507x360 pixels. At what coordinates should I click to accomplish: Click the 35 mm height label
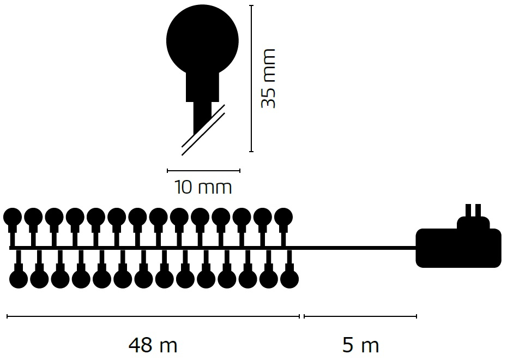268,79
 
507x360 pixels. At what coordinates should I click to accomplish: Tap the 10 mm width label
203,188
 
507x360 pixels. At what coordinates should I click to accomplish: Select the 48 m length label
153,345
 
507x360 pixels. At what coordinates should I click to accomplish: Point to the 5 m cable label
360,345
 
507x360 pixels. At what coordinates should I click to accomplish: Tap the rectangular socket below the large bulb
202,87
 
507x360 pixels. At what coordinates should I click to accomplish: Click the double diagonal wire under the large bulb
203,130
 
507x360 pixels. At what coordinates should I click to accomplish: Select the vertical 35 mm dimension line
251,79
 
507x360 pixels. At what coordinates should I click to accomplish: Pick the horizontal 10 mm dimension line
203,171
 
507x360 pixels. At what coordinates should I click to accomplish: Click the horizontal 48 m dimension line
153,316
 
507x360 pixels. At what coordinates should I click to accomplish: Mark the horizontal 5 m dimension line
360,316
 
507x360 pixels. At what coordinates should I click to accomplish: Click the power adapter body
458,248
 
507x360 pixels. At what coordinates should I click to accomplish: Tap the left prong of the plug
468,211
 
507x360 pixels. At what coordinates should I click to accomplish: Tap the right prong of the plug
478,211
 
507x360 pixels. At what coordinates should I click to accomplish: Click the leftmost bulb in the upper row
13,217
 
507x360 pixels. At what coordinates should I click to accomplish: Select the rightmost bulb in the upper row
283,217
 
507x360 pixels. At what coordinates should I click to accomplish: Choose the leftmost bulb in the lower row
19,279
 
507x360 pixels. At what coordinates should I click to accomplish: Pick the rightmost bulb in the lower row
289,279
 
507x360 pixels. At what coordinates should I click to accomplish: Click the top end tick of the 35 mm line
251,5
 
